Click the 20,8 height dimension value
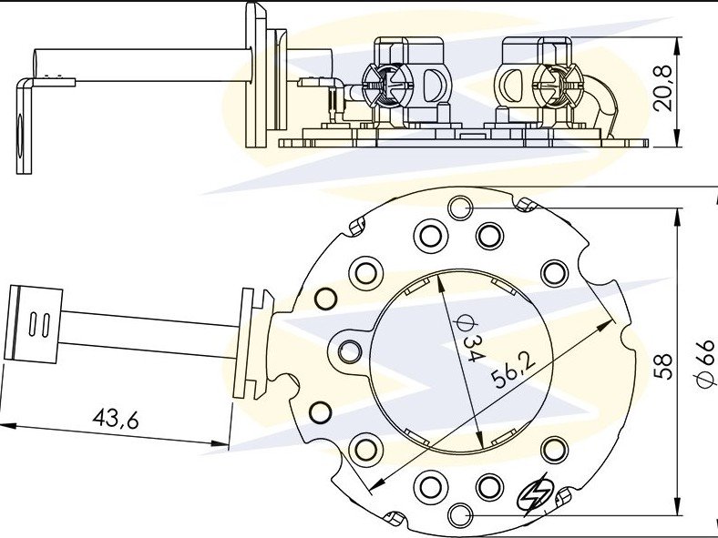662,88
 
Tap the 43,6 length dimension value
116,418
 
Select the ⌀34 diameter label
468,338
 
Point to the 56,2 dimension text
513,371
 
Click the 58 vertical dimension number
662,366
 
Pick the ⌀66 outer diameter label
705,364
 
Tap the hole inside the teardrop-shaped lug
350,352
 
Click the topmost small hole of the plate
460,208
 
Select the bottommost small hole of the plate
460,515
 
